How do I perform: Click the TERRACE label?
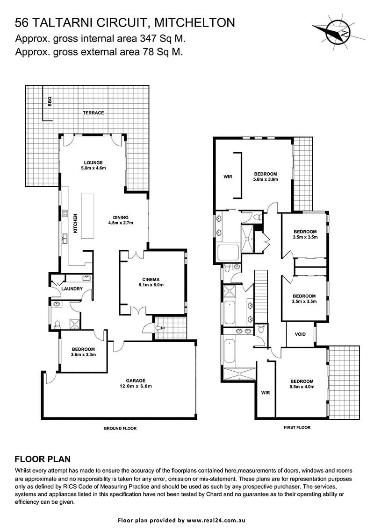(93, 113)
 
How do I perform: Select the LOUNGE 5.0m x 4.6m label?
(93, 165)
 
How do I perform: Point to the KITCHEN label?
(75, 223)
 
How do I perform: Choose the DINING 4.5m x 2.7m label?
(121, 220)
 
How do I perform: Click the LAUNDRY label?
(72, 289)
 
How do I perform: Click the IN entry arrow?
(158, 328)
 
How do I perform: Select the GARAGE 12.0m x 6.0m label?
(136, 383)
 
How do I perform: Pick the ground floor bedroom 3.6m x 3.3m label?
(83, 352)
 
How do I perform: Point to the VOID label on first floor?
(300, 334)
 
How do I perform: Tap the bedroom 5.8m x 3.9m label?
(266, 177)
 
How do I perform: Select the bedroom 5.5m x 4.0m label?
(302, 384)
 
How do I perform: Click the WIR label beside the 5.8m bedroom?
(228, 176)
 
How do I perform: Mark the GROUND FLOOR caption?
(120, 428)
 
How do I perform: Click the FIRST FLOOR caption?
(297, 427)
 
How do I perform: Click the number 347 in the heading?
(147, 38)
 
